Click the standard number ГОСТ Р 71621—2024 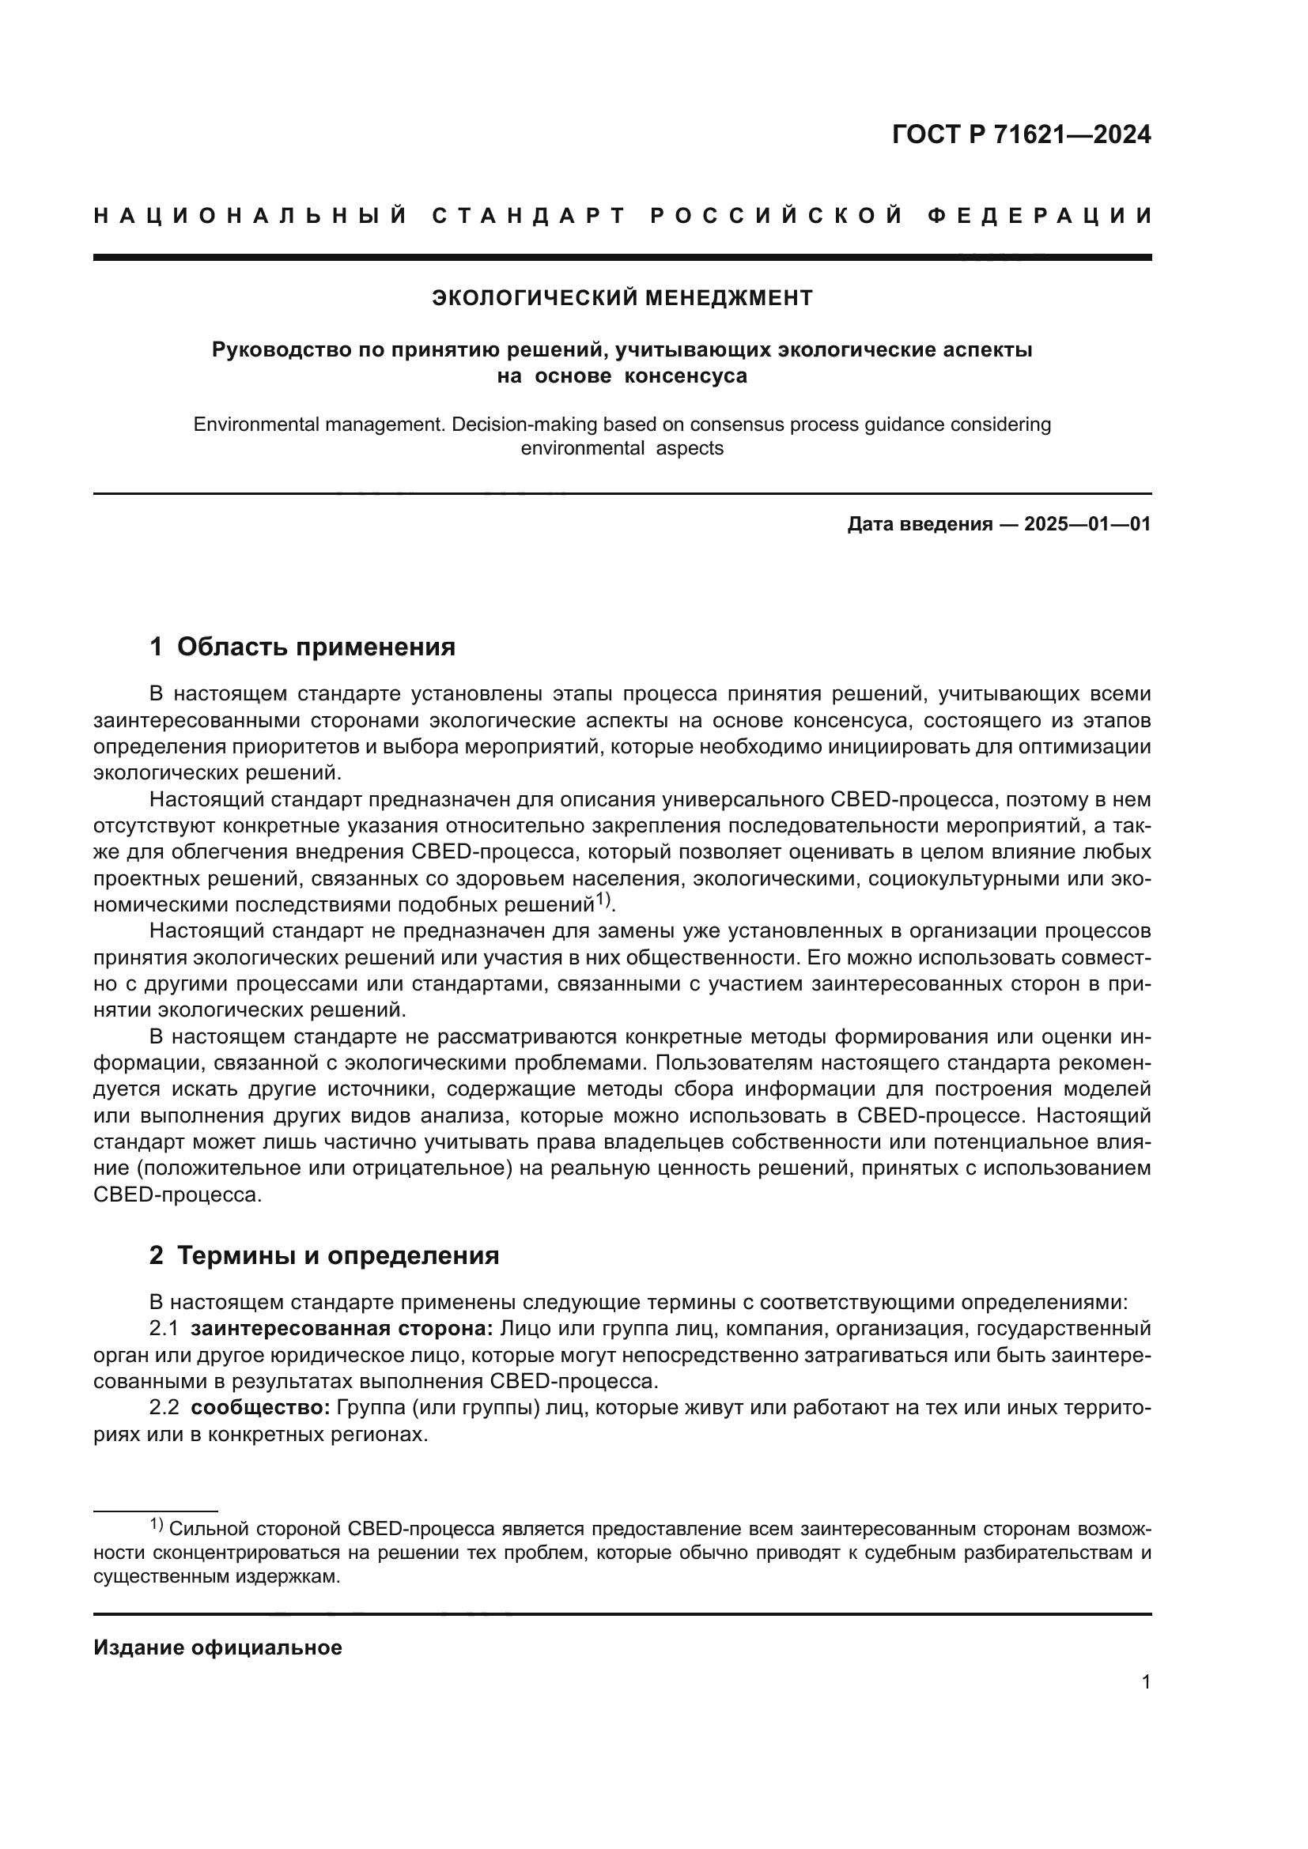point(1021,134)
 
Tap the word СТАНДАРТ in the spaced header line point(529,216)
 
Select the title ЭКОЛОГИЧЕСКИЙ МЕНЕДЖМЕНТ point(622,298)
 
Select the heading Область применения point(316,647)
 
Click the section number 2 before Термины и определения point(156,1255)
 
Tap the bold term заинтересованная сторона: point(342,1329)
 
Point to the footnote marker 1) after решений point(603,900)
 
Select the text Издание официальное point(217,1648)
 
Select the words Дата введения point(919,524)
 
